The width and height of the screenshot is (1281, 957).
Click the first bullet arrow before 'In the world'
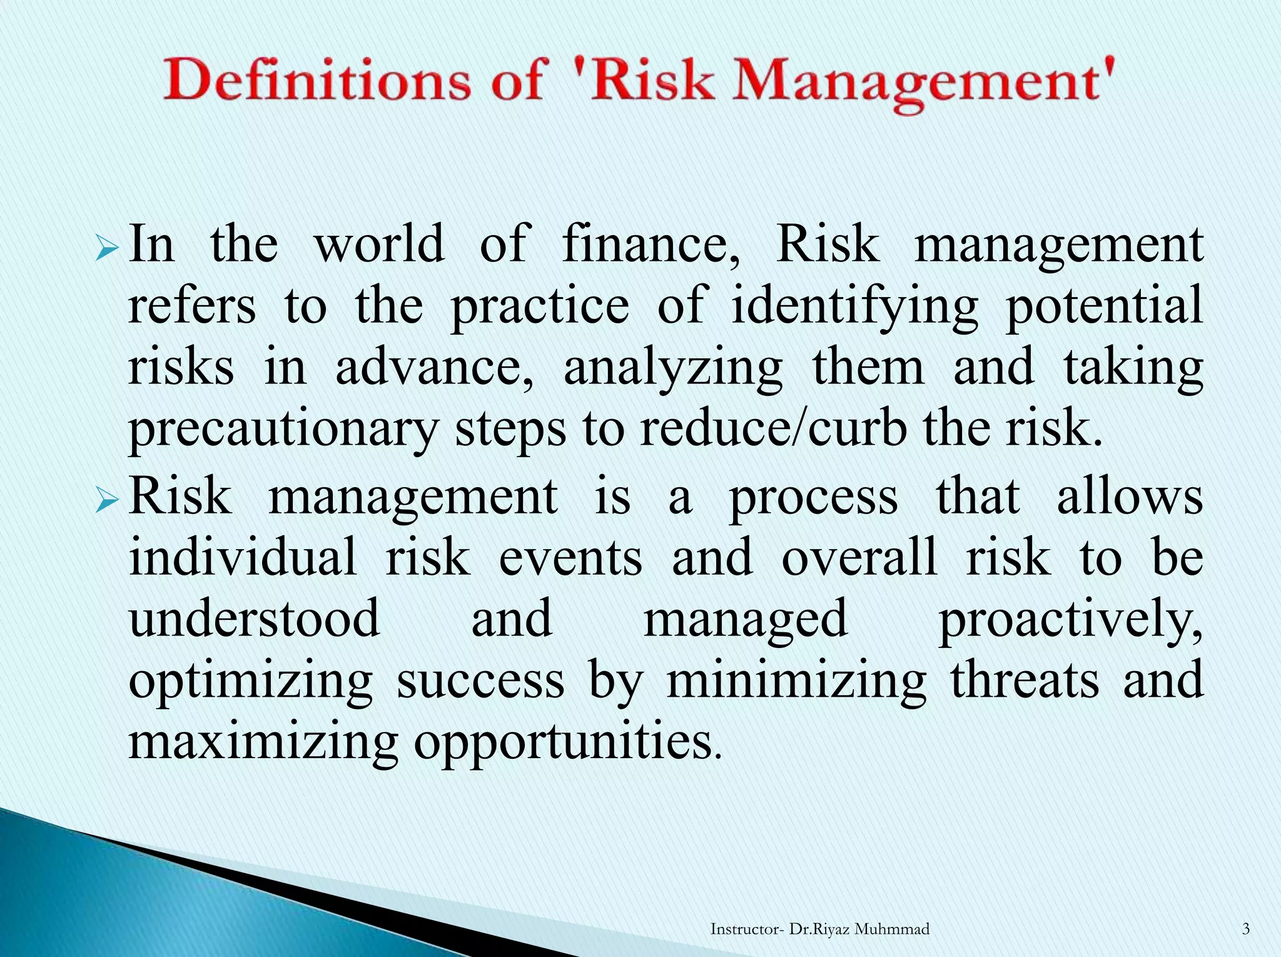107,251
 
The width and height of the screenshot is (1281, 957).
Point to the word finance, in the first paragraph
651,245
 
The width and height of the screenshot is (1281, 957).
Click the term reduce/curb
773,429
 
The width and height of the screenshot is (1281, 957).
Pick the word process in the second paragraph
814,498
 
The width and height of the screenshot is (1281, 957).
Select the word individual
242,557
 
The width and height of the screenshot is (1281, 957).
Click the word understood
254,618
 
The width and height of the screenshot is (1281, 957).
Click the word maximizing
263,742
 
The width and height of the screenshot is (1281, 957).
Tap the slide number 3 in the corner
1245,929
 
